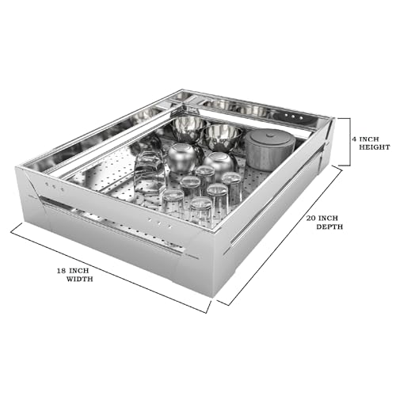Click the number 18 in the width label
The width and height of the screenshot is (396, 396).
tap(62, 271)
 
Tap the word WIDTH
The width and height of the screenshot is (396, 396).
tap(79, 279)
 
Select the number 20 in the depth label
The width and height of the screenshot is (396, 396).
tap(310, 219)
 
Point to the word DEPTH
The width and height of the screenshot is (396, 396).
tap(329, 227)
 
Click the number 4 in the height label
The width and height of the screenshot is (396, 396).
tap(353, 139)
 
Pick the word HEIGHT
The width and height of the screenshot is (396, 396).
tap(375, 147)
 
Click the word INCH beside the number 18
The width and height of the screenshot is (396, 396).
tap(79, 271)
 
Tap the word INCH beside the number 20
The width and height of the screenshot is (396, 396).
tap(328, 219)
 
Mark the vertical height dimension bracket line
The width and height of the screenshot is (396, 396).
tap(350, 142)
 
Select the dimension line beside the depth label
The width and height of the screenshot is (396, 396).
tap(280, 235)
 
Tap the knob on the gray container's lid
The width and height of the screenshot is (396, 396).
tap(270, 136)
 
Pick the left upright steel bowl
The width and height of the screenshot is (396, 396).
tap(189, 129)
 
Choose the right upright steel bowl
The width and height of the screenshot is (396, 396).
tap(223, 138)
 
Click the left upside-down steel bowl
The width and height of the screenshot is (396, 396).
tap(183, 158)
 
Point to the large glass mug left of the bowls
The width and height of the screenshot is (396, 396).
tap(149, 172)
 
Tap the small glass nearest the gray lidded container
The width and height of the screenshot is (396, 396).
tap(232, 186)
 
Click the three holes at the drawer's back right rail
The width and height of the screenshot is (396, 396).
tap(293, 116)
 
